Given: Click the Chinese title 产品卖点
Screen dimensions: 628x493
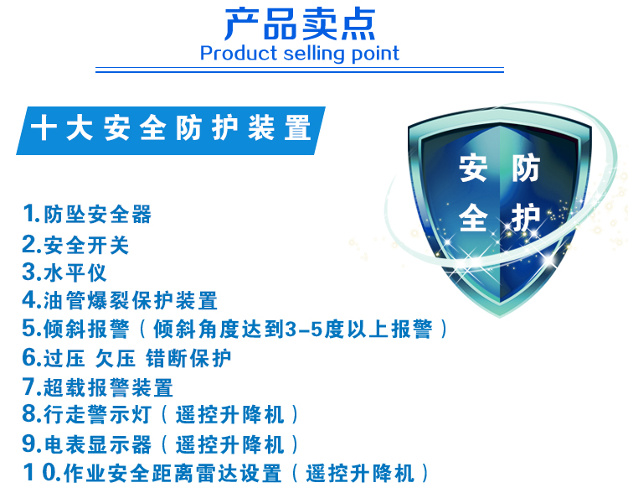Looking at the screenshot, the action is pos(300,24).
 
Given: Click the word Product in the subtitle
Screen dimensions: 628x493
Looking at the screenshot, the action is pos(239,54).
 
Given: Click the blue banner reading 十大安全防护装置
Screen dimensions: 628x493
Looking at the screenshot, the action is pos(171,130).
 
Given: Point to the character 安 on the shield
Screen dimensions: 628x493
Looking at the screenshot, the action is pos(473,168).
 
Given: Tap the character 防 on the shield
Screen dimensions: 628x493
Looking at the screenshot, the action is pos(526,168).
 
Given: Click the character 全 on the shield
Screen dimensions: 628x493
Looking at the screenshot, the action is pos(473,217).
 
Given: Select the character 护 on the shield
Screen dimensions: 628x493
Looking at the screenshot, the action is pos(526,217).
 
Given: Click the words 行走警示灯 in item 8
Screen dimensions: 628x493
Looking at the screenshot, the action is pos(97,415).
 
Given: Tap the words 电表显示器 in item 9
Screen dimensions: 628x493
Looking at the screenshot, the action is pos(98,444).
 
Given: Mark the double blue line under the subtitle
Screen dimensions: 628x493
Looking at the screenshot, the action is pos(300,70).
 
